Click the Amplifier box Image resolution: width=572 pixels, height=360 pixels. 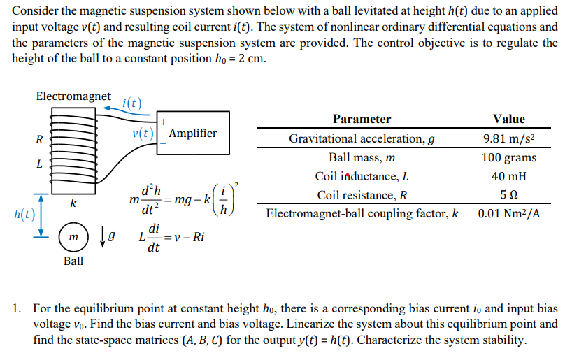point(193,133)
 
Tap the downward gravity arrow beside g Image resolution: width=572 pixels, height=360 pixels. point(103,238)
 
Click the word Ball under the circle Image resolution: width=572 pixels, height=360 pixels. point(73,261)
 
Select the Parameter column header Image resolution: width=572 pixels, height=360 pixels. point(362,119)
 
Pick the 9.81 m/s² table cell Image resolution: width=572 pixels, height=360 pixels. point(508,138)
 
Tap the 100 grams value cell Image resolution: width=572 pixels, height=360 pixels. point(508,157)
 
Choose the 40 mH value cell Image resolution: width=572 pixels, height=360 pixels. point(508,176)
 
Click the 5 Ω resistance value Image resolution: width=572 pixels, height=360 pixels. point(508,195)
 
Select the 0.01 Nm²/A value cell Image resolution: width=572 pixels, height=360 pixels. point(508,213)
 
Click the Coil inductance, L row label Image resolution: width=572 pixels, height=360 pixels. point(362,176)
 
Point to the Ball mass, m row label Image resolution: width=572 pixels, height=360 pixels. point(362,157)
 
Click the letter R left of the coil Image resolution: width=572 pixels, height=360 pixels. point(39,138)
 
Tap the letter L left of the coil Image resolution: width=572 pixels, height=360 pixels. point(39,165)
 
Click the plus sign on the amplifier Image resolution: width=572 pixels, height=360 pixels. point(162,121)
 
